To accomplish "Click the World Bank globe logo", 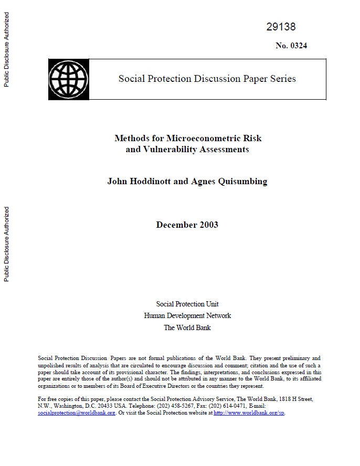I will point(68,79).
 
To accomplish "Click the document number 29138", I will point(281,27).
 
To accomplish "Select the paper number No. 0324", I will point(291,46).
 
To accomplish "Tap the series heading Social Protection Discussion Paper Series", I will point(207,79).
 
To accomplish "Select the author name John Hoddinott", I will point(139,182).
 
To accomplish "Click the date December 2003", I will point(187,225).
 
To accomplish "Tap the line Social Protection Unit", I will point(187,304).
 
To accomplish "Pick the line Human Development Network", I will point(187,316).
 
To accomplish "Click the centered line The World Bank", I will point(187,327).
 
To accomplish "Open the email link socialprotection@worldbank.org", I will point(77,413).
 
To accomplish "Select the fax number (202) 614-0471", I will point(238,406).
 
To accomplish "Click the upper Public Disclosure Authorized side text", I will point(7,50).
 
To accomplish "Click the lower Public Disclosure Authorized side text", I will point(7,244).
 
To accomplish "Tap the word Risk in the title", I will point(252,139).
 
